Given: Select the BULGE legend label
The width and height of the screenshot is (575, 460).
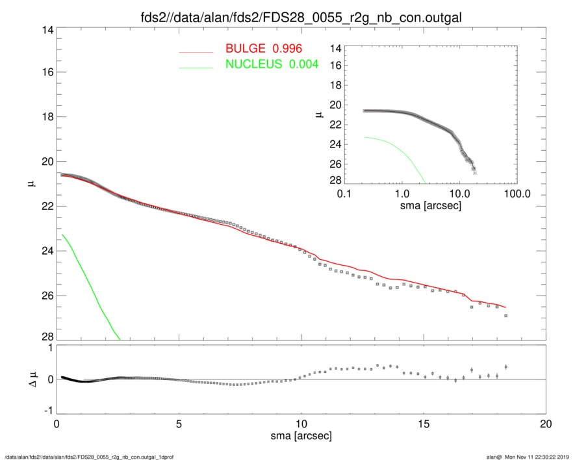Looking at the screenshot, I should click(265, 49).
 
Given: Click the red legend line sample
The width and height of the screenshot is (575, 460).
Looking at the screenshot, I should click(196, 51).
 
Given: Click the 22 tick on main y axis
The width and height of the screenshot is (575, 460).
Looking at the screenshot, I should click(45, 207).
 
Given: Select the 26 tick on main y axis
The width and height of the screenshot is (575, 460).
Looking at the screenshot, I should click(45, 296).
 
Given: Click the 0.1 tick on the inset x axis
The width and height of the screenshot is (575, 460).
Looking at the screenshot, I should click(345, 194).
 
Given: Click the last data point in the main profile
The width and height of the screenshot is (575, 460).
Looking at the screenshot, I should click(505, 316).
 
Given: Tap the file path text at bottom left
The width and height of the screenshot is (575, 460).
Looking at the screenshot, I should click(88, 456).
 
